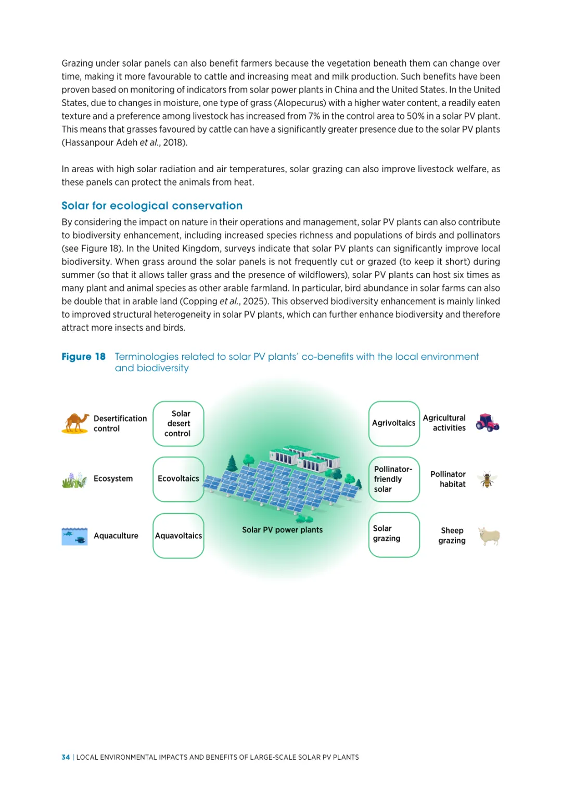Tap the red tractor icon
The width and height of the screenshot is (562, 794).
488,423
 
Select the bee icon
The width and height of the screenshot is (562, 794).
487,479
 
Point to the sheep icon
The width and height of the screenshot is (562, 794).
489,536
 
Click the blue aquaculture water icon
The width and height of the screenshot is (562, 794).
74,536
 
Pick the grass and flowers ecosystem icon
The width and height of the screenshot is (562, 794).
74,480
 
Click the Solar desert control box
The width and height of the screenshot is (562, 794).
178,424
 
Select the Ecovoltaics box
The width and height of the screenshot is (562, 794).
178,479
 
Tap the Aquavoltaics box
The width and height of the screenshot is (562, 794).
178,536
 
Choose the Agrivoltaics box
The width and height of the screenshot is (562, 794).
394,423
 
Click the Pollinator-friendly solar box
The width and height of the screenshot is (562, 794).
394,479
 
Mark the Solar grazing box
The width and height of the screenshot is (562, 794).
394,534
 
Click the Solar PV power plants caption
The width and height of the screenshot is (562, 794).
282,530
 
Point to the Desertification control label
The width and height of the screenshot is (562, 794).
120,423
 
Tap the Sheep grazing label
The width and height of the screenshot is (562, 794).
452,536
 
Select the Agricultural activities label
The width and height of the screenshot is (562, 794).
444,423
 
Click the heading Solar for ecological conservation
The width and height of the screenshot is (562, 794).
152,206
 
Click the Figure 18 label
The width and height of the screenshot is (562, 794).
83,357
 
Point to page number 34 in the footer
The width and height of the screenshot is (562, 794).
66,757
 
